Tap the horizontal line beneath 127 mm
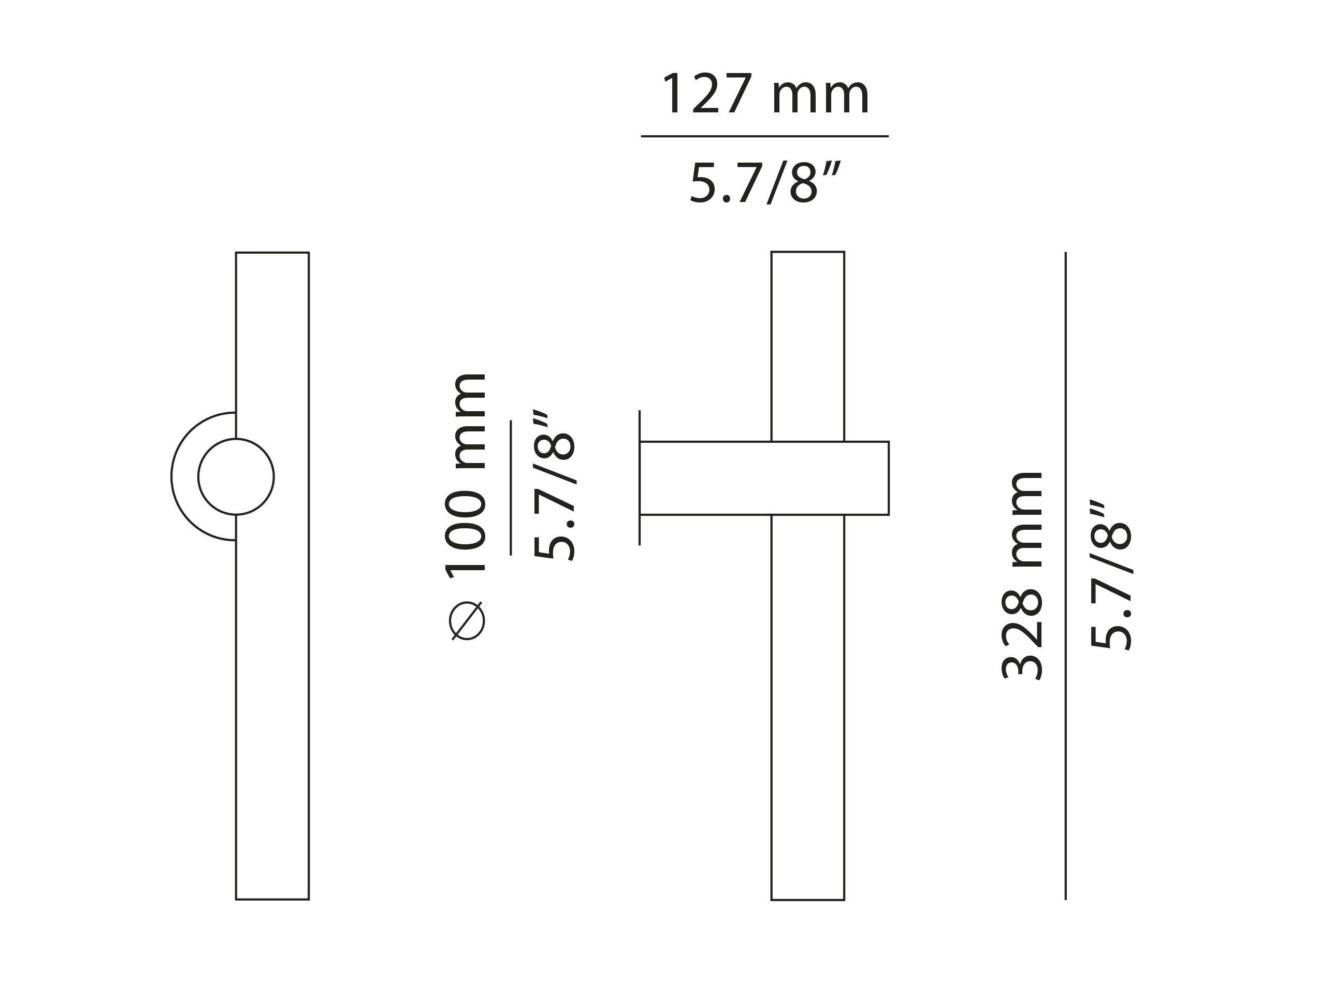point(765,136)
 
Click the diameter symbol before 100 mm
point(467,620)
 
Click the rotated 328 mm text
point(1022,575)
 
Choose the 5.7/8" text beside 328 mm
point(1111,575)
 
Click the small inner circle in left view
point(236,477)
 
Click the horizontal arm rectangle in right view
point(764,478)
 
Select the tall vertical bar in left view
point(272,692)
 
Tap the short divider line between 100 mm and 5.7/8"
point(511,488)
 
